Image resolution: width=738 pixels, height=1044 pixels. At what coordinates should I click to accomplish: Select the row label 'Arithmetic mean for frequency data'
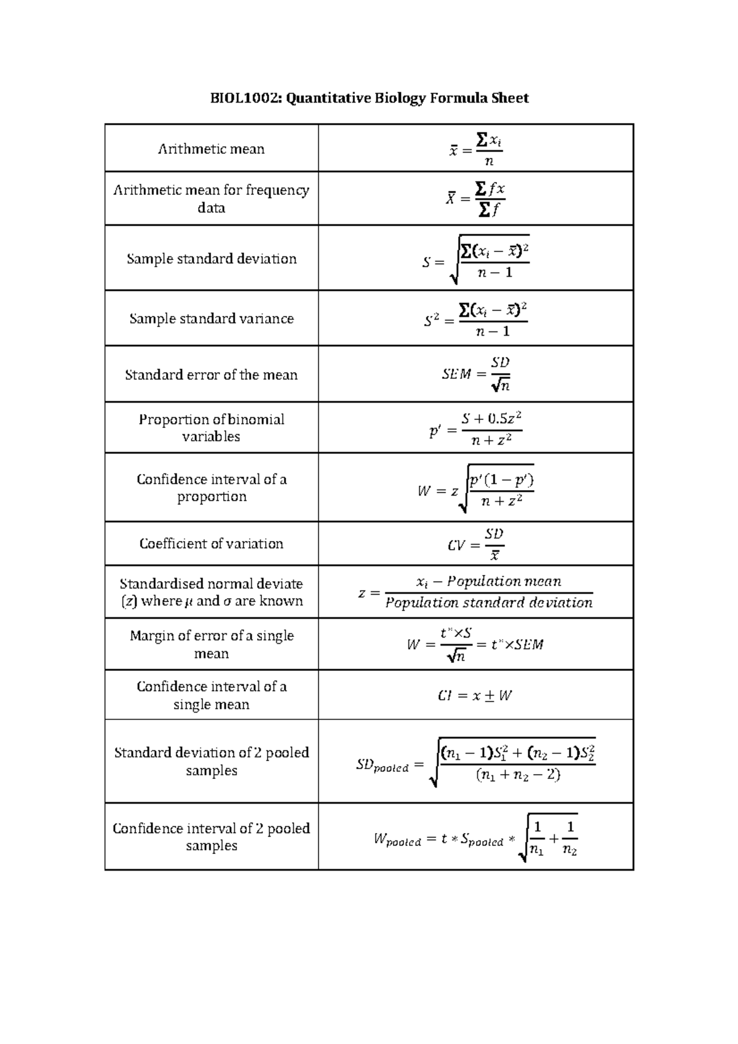[x=211, y=199]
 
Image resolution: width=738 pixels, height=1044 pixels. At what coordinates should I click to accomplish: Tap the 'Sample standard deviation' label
[x=211, y=259]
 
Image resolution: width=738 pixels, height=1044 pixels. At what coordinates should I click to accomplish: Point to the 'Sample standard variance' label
[x=211, y=318]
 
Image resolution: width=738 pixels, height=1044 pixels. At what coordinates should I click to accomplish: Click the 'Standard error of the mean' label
[x=211, y=375]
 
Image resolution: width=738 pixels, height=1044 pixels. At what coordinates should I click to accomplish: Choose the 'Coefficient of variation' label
[x=211, y=544]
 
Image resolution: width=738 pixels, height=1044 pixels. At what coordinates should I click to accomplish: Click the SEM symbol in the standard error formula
[x=456, y=374]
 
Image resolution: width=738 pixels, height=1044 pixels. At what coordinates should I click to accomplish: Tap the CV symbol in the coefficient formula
[x=456, y=545]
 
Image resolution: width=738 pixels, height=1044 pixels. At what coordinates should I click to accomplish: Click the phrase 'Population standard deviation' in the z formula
[x=489, y=603]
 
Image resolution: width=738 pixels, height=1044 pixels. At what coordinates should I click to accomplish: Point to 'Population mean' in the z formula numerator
[x=504, y=581]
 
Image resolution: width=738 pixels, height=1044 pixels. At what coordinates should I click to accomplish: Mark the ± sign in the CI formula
[x=490, y=696]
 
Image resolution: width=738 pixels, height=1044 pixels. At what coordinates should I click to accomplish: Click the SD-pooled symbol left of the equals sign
[x=382, y=765]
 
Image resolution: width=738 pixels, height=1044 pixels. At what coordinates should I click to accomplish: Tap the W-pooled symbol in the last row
[x=397, y=840]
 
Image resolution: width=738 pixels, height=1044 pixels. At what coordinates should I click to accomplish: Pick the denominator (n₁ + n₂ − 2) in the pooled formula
[x=518, y=775]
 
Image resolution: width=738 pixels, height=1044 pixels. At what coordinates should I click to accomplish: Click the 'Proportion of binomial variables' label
[x=211, y=428]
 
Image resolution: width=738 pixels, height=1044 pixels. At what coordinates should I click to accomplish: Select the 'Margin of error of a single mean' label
[x=211, y=644]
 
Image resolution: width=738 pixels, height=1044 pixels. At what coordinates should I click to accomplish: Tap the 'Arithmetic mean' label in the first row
[x=211, y=149]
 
